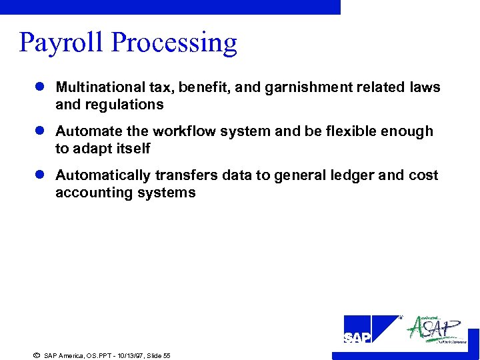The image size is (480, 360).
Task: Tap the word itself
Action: point(133,149)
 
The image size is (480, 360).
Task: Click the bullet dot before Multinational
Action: point(41,87)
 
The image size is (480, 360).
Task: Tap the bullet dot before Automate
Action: point(41,131)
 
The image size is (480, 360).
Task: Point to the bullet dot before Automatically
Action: point(41,175)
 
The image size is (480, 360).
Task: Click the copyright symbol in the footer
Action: point(36,355)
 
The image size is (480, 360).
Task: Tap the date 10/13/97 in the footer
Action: point(127,356)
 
